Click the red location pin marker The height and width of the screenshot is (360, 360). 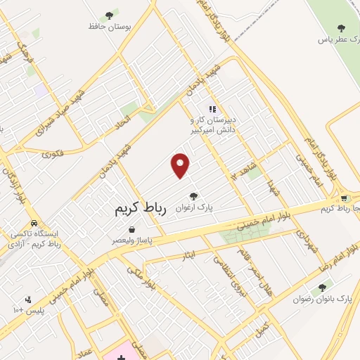pyautogui.click(x=181, y=165)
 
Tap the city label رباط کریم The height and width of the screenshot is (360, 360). pyautogui.click(x=140, y=209)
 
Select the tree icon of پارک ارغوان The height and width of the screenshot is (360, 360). pyautogui.click(x=193, y=195)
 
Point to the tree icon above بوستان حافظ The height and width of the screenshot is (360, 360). pyautogui.click(x=108, y=15)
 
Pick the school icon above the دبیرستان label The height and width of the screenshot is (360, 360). pyautogui.click(x=210, y=109)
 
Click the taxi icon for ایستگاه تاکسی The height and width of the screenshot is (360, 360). pyautogui.click(x=34, y=224)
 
